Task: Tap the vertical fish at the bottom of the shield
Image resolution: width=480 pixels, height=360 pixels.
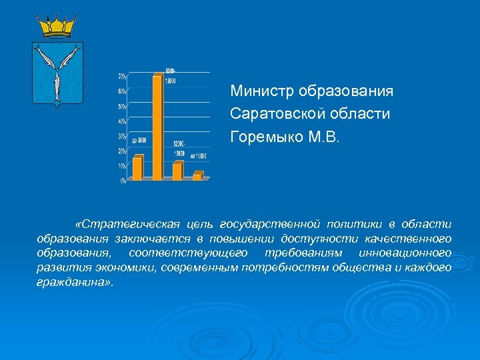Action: click(x=57, y=84)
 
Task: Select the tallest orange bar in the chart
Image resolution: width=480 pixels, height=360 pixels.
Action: click(x=157, y=127)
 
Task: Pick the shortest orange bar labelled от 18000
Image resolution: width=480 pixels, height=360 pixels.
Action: click(x=197, y=176)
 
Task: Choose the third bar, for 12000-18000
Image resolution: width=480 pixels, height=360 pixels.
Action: click(x=177, y=171)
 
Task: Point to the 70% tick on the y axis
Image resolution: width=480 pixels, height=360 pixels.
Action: click(x=123, y=75)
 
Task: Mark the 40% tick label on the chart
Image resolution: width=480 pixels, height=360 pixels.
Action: click(x=123, y=121)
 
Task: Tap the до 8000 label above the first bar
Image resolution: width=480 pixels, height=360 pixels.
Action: click(x=139, y=141)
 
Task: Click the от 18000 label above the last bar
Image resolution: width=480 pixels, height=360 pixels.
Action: click(x=199, y=156)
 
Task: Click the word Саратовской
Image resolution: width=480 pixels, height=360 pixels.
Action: click(x=273, y=113)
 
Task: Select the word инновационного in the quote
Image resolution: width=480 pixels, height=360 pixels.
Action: click(x=405, y=253)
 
